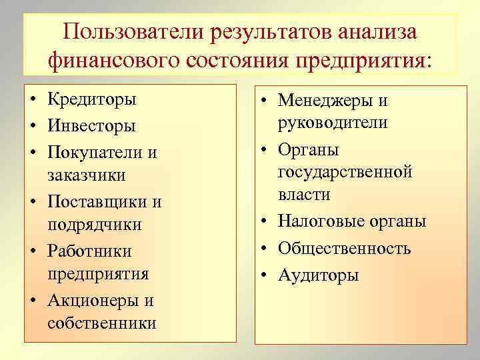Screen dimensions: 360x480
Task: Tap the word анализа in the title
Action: tap(377, 32)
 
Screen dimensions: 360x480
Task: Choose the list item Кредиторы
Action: tap(92, 100)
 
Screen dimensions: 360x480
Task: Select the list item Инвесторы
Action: tap(92, 125)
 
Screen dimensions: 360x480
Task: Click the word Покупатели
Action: tap(95, 151)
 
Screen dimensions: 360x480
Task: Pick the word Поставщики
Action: tap(95, 201)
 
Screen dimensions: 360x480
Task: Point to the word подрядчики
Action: tap(95, 225)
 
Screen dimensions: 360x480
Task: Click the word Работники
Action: tap(89, 251)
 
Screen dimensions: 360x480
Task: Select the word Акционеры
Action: tap(92, 300)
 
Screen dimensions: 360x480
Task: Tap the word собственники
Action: tap(102, 324)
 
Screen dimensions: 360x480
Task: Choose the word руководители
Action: tap(333, 123)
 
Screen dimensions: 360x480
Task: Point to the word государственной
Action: tap(345, 172)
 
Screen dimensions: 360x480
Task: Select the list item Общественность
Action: tap(344, 249)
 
